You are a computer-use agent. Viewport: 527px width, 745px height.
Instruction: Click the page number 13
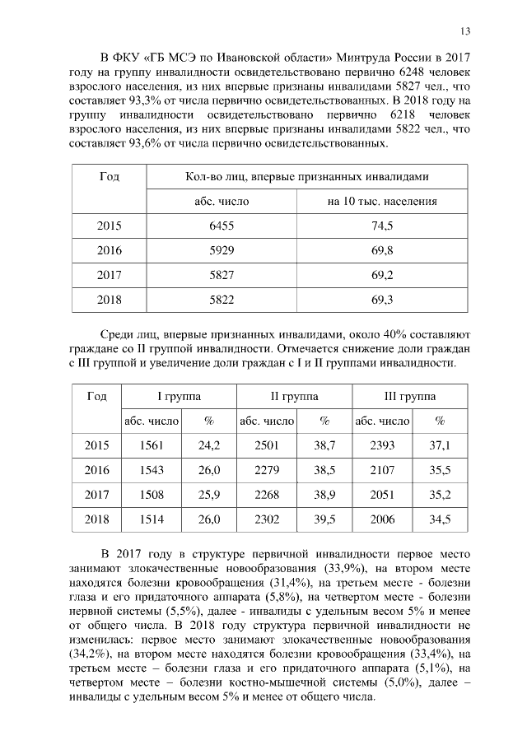pyautogui.click(x=465, y=31)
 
